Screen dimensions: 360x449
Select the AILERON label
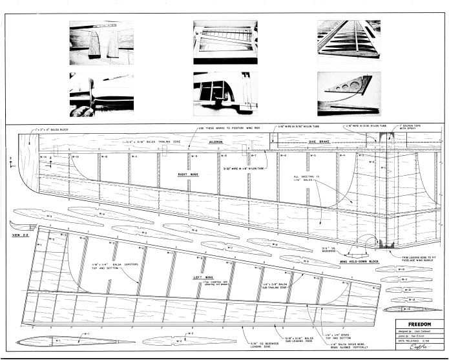[x=209, y=139]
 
